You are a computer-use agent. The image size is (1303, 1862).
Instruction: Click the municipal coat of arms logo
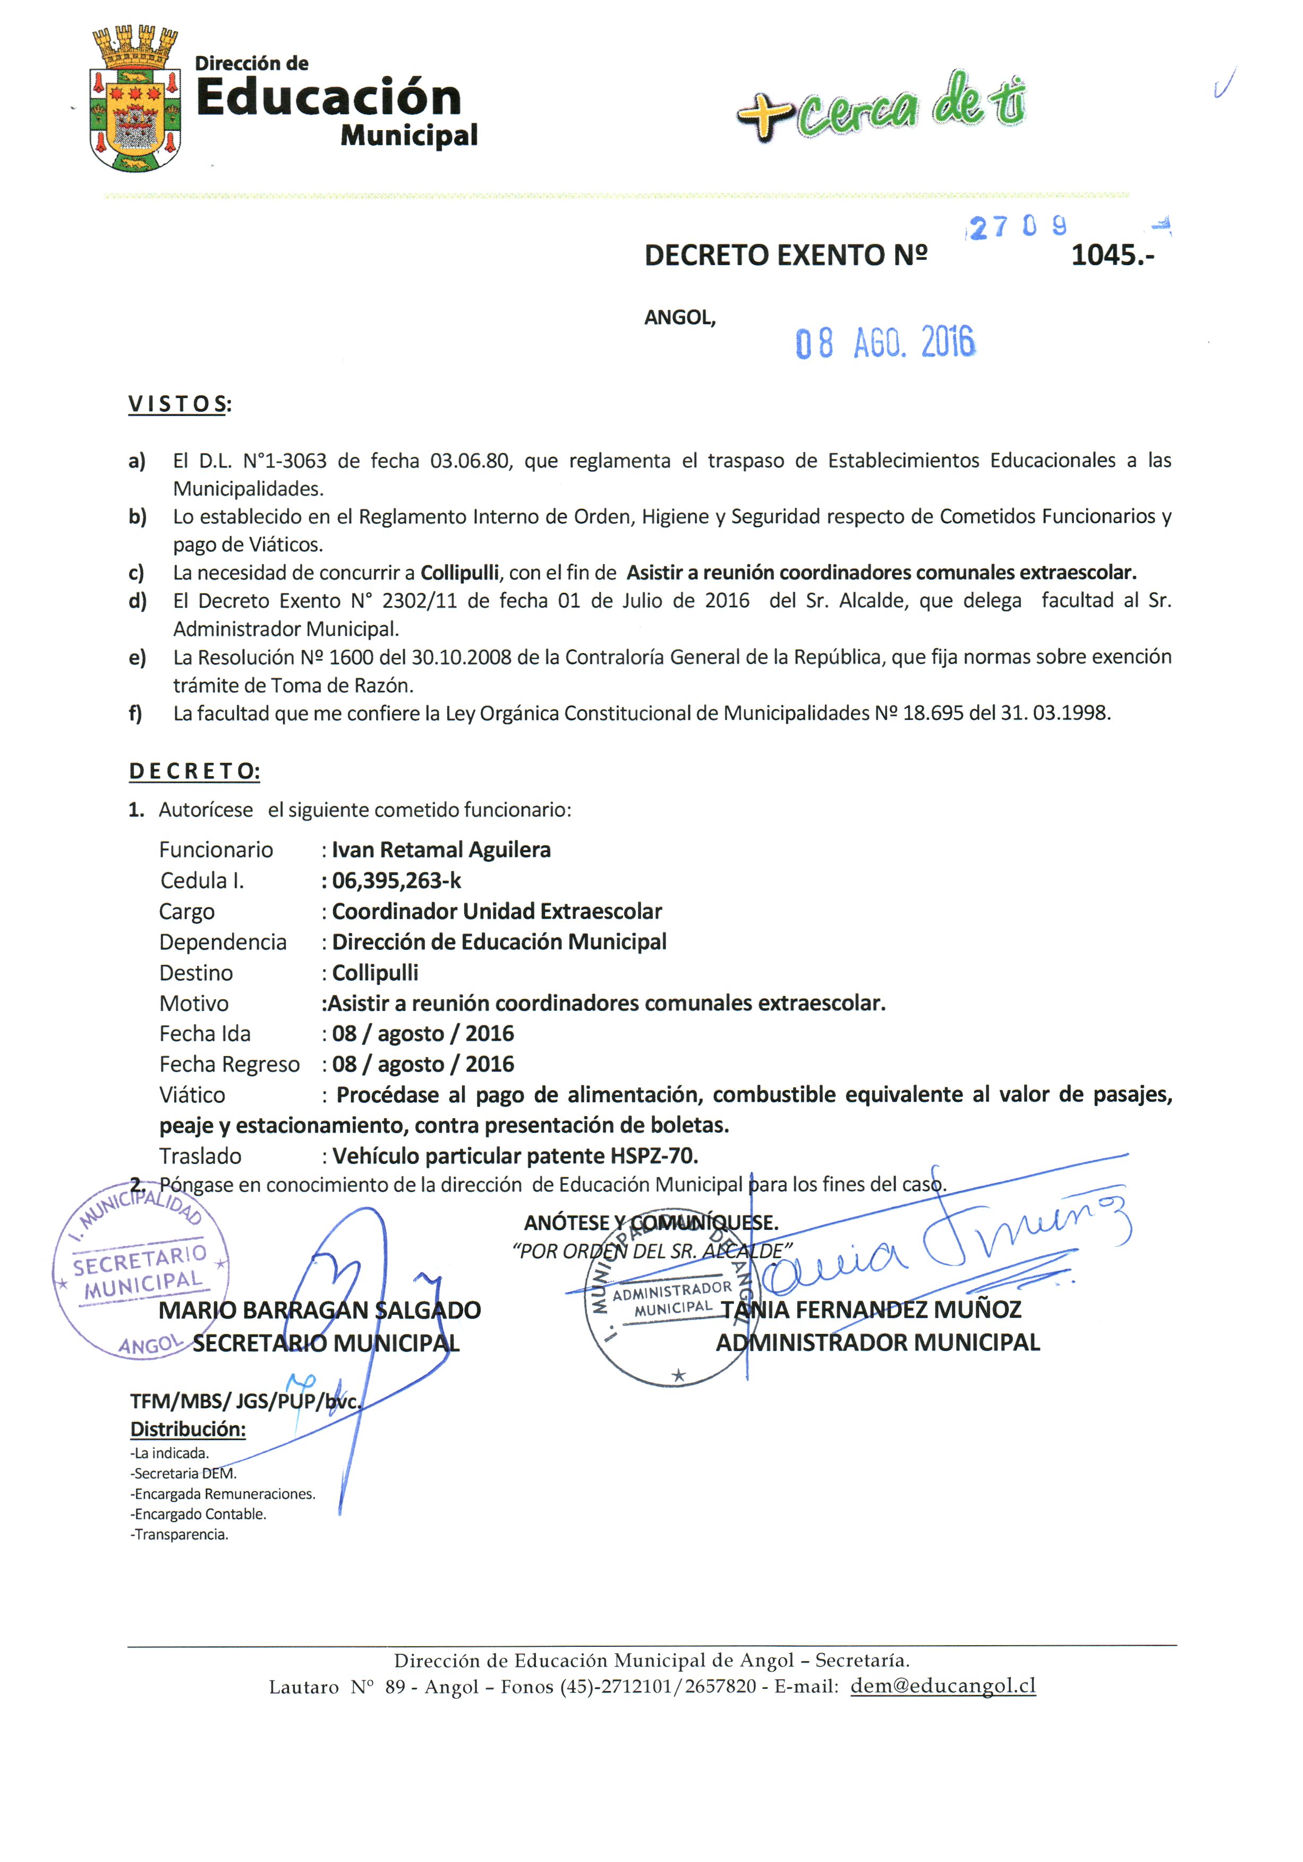click(134, 99)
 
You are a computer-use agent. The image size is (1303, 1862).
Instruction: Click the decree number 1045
click(1111, 256)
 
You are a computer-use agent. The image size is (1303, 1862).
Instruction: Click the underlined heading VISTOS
click(177, 404)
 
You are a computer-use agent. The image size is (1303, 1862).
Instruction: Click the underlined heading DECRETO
click(194, 771)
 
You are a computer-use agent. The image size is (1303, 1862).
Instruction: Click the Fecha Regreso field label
click(228, 1064)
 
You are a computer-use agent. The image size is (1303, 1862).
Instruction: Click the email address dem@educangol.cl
click(942, 1686)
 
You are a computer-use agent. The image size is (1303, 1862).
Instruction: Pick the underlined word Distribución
click(188, 1429)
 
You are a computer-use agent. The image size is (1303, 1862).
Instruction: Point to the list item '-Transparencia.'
click(179, 1534)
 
